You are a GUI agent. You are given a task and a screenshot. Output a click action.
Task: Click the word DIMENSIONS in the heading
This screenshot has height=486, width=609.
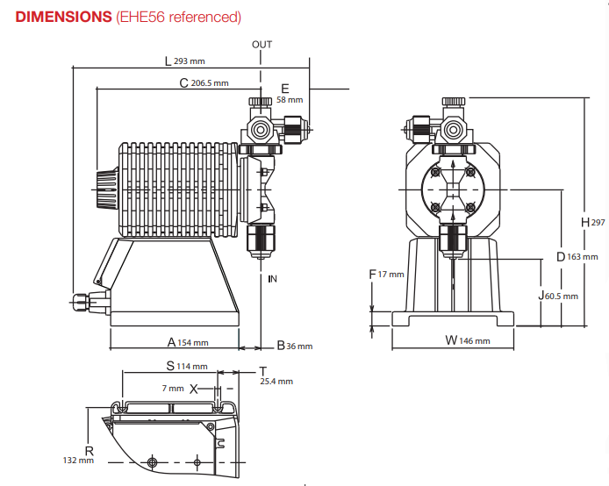(64, 17)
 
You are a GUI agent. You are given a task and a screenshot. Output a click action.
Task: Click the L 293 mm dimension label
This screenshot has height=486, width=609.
(185, 61)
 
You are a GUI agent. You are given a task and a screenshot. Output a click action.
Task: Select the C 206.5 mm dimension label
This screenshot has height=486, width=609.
(204, 82)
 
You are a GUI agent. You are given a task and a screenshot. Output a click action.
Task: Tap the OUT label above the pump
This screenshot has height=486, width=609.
(262, 45)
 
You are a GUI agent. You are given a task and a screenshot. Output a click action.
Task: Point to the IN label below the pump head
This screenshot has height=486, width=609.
(272, 279)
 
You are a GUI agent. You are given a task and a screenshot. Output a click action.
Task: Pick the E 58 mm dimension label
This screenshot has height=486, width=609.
(290, 94)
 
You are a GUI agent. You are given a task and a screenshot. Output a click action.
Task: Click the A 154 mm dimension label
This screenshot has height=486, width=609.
(188, 342)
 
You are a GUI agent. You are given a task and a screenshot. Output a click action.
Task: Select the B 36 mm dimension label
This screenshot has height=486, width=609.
(295, 346)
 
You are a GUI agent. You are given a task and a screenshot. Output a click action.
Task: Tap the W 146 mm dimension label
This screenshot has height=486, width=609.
(468, 340)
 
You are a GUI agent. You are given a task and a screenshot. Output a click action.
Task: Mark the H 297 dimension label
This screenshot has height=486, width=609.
(593, 223)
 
